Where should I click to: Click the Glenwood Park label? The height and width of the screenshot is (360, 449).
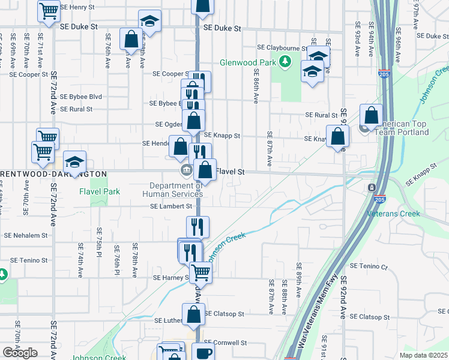248,62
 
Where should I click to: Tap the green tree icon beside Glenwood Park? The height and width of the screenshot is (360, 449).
286,61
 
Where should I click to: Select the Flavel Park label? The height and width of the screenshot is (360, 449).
100,191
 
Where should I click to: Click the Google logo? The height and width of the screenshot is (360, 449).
20,353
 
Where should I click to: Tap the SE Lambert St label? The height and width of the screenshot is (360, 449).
171,206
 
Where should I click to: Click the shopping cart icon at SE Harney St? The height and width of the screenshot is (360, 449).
200,271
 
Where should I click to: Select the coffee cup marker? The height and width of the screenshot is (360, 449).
204,353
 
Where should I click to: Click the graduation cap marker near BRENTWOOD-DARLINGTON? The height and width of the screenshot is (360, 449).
75,161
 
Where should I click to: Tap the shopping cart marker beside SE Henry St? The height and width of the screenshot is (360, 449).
49,10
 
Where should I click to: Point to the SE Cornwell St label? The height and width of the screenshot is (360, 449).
226,343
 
